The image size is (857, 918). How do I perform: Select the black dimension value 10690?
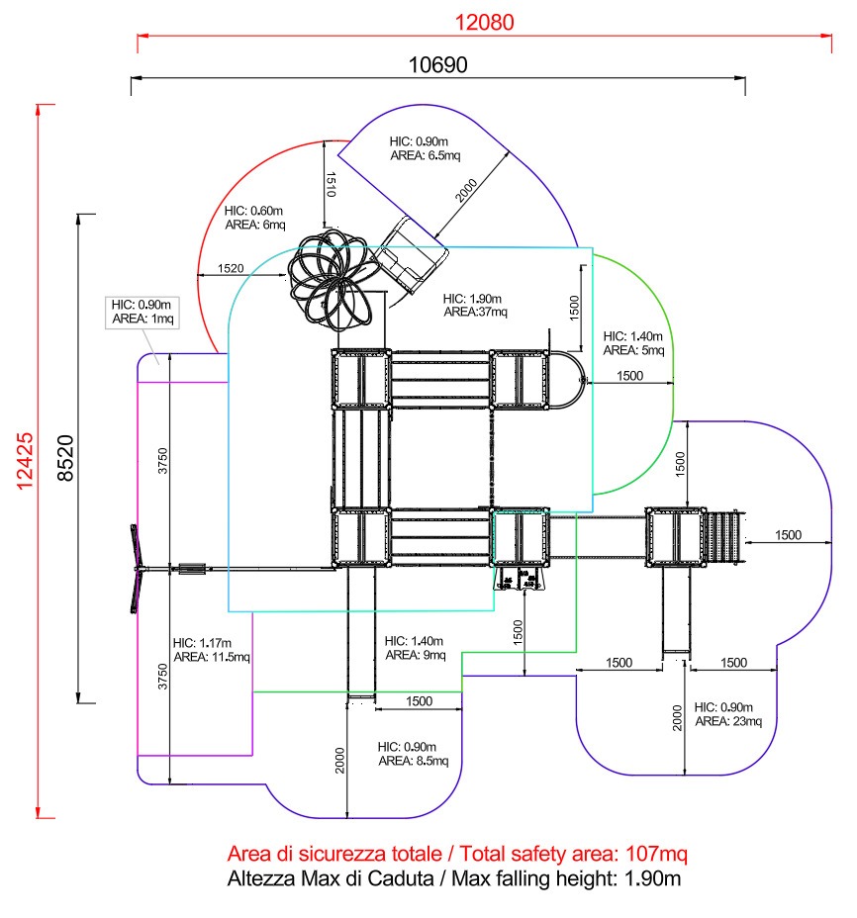[x=437, y=64]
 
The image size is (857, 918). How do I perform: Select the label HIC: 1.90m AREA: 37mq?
[x=474, y=305]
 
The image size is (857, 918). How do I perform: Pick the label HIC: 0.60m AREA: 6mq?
[x=254, y=218]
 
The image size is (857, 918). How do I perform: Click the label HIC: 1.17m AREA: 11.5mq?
[x=212, y=649]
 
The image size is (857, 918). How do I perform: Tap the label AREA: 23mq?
[x=728, y=721]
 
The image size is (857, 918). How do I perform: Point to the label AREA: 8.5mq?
[x=414, y=761]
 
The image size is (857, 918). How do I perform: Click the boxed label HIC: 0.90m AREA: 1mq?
[x=141, y=312]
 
